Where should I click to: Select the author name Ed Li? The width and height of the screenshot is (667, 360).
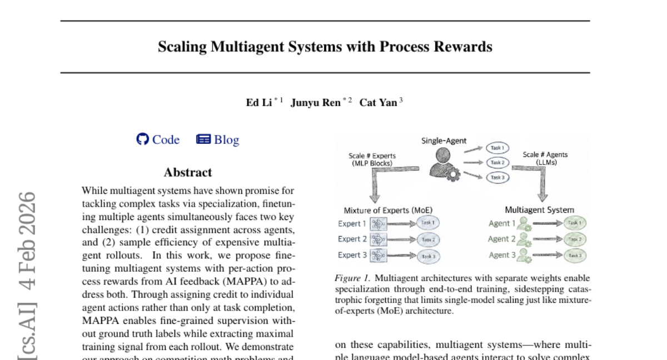coord(258,103)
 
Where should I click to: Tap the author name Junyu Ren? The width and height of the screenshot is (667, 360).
coord(315,103)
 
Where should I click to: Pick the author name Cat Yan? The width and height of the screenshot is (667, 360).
coord(378,103)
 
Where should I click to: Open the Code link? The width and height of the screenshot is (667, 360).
coord(166,139)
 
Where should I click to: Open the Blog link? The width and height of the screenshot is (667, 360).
coord(226,139)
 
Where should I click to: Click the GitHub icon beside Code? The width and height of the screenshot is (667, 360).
coord(143,139)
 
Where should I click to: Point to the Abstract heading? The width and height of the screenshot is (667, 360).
coord(188,172)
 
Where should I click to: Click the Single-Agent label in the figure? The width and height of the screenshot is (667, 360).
coord(444,141)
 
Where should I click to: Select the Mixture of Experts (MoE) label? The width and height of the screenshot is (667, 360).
coord(388,210)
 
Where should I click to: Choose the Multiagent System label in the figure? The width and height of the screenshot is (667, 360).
coord(539,210)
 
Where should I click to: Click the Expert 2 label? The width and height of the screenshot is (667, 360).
coord(352,239)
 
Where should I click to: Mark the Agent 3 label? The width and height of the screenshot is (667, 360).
coord(502,255)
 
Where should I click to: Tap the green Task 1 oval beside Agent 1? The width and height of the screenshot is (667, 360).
coord(574,223)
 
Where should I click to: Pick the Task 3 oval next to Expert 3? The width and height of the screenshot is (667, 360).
coord(427,256)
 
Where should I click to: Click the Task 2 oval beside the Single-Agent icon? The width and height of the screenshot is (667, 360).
coord(496,163)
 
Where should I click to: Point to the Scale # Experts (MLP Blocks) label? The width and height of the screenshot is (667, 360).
coord(371,159)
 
